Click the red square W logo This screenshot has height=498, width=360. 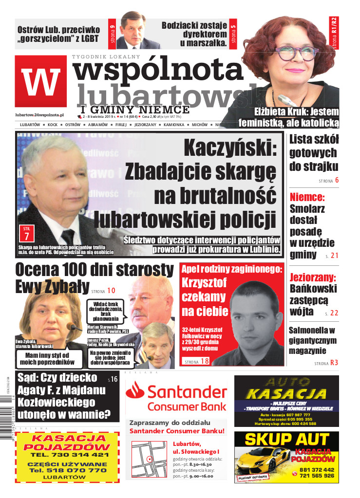click(41, 81)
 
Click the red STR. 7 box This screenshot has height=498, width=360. click(26, 233)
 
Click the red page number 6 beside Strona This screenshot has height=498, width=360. click(336, 181)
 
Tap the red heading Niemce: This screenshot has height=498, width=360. click(307, 198)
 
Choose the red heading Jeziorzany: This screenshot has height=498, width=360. click(312, 278)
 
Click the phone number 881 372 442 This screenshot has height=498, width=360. click(317, 470)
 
